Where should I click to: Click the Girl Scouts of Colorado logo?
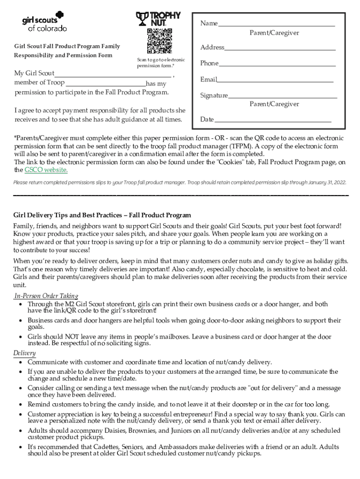44,22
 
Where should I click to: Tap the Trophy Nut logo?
158,18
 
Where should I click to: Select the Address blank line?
280,49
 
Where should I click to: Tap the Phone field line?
277,65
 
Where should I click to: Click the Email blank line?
275,81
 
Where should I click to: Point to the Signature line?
282,97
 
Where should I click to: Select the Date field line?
273,121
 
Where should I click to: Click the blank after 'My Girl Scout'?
113,75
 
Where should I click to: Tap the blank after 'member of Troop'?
106,85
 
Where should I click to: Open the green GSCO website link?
46,170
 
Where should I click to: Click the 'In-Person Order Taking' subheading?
46,296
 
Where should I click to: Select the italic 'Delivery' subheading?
24,353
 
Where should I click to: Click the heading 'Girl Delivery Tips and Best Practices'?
102,215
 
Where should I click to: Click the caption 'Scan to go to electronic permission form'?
160,63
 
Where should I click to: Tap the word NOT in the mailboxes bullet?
61,337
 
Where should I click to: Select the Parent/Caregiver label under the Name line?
274,33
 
